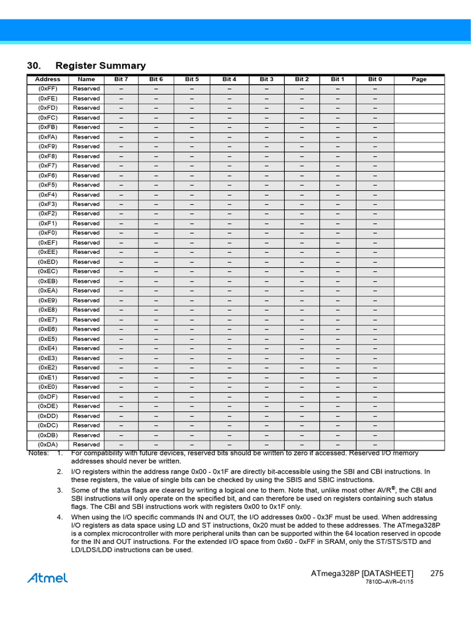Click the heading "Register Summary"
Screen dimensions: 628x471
pos(101,66)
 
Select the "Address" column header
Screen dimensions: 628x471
pos(48,79)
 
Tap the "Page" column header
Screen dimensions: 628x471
pos(419,79)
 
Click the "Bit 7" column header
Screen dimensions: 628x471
pos(121,79)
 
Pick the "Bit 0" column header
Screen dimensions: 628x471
pos(375,79)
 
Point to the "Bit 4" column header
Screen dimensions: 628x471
pos(229,79)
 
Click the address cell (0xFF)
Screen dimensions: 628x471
pos(48,89)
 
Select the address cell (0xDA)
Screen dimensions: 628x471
pos(48,445)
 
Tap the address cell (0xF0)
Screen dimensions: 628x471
pos(48,233)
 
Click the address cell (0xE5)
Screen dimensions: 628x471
pos(48,339)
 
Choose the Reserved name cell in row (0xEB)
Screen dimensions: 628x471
pos(86,281)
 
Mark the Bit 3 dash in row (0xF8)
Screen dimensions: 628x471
pos(267,156)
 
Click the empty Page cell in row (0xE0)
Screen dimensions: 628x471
pos(419,387)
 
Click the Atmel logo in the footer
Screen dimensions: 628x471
pos(47,578)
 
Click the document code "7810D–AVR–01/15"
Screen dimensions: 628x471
pos(389,582)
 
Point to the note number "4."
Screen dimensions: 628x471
pos(60,518)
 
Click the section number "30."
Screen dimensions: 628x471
pos(34,66)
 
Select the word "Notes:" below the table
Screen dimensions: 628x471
pos(39,453)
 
